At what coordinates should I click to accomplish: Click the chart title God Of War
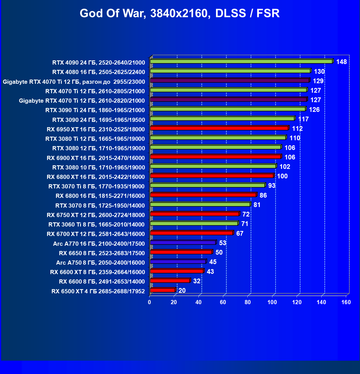[180, 13]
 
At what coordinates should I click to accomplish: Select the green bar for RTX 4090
[241, 61]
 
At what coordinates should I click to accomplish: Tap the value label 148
[341, 62]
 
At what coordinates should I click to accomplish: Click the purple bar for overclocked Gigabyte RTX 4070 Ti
[229, 80]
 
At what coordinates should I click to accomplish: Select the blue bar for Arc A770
[183, 243]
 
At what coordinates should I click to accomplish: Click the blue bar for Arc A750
[178, 262]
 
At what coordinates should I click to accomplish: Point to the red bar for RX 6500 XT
[163, 290]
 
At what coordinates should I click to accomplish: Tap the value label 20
[182, 291]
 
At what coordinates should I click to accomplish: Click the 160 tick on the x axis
[346, 302]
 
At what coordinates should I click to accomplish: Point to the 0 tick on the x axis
[150, 302]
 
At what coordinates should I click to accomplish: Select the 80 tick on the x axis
[248, 302]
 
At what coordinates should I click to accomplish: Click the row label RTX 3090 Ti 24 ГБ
[95, 110]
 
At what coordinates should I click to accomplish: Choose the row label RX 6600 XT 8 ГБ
[97, 272]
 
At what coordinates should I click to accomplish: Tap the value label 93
[272, 186]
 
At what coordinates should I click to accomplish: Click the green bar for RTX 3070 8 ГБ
[200, 205]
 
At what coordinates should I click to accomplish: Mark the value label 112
[297, 129]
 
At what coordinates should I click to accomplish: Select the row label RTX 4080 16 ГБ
[98, 72]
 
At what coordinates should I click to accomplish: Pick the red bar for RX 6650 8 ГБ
[181, 252]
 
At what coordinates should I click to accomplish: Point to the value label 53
[222, 243]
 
